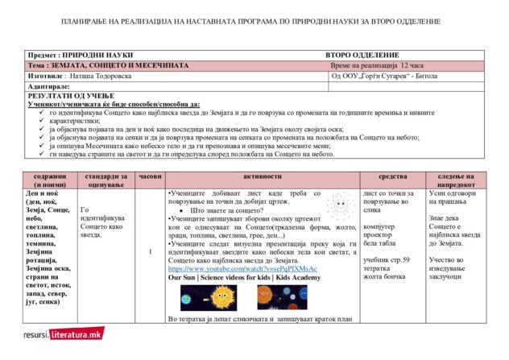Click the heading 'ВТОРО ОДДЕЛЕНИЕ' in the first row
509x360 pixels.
pos(361,54)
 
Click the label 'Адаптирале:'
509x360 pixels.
pos(49,85)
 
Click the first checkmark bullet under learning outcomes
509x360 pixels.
pos(42,113)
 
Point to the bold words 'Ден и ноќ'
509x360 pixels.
pos(43,194)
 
